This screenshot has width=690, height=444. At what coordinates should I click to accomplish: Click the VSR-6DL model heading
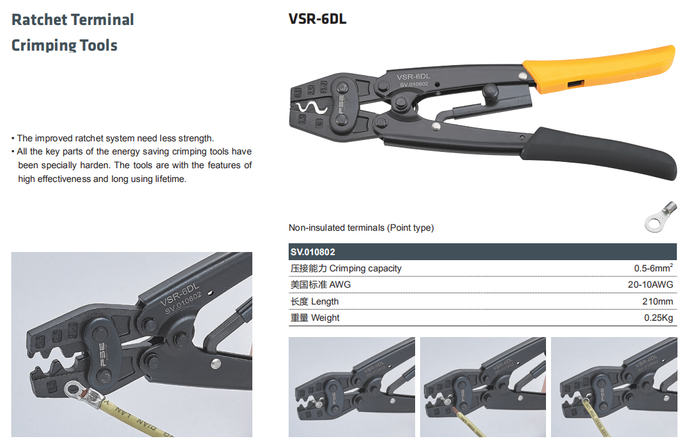point(317,19)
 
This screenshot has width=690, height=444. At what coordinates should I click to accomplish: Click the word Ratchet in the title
point(39,20)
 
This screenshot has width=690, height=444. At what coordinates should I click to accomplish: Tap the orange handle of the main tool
point(599,68)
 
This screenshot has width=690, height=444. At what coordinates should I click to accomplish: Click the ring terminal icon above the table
point(660,216)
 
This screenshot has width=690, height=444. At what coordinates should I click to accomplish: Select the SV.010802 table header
point(313,252)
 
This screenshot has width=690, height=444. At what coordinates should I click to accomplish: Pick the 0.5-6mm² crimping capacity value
point(654,268)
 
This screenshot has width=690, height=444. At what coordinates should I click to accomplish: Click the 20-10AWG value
point(651,285)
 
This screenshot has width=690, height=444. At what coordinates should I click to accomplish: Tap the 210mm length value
point(657,301)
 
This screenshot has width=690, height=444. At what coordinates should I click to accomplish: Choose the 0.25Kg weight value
point(658,318)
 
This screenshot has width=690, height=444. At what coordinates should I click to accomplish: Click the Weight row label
point(315,318)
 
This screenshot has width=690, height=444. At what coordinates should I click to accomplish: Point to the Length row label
point(314,301)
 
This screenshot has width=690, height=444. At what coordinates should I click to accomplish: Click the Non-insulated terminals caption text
point(361,228)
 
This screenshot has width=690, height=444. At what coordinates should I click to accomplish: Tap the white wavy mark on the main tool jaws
point(312,108)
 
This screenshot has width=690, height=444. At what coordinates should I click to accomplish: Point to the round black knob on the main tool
point(490,93)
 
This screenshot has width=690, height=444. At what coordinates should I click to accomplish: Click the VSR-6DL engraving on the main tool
point(413,77)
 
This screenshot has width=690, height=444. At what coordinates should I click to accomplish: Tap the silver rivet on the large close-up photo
point(215,363)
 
